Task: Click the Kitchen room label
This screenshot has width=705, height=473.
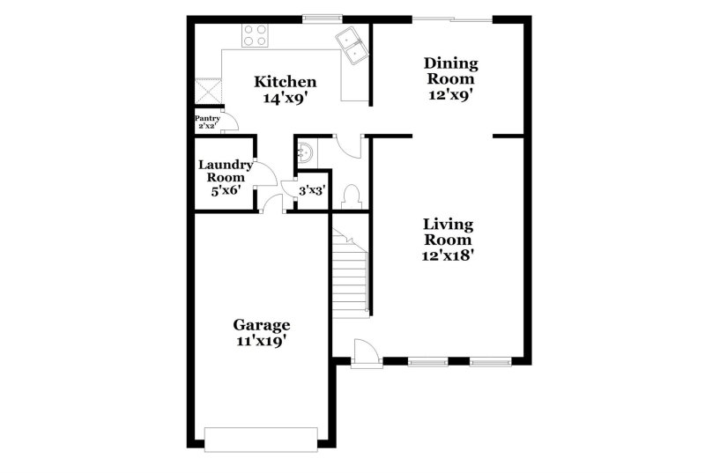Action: [285, 82]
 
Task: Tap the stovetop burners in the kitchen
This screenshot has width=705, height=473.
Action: [255, 35]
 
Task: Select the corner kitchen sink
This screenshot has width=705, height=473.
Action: [352, 45]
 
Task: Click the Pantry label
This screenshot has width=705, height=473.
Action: [207, 119]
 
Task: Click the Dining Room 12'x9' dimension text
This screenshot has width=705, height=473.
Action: [450, 95]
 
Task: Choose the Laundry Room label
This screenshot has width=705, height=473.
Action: [226, 171]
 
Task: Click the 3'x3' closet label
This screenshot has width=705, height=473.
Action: [313, 191]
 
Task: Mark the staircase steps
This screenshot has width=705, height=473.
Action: [351, 272]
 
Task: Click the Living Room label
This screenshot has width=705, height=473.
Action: [449, 232]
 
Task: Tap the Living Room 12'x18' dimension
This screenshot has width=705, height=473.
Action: [449, 255]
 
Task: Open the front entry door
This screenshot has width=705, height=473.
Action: [367, 354]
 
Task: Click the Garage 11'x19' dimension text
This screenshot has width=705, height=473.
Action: [262, 342]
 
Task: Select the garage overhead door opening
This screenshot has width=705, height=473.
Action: [261, 440]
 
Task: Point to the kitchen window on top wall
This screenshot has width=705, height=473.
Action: [322, 18]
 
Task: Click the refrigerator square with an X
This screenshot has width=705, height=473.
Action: [208, 92]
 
